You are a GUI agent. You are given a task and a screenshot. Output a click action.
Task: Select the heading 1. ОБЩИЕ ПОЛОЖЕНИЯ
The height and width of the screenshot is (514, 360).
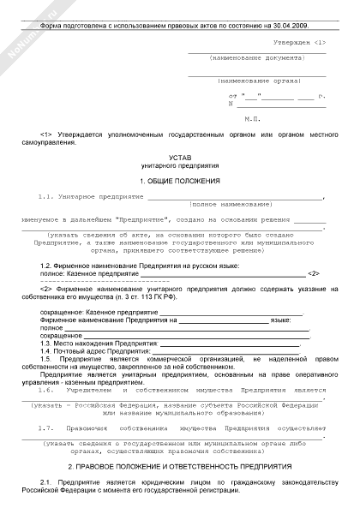pyautogui.click(x=180, y=181)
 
